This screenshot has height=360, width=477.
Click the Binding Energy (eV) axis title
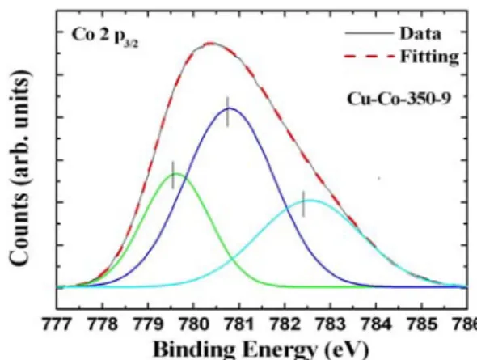(x=261, y=350)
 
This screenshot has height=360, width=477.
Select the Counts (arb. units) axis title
(x=19, y=167)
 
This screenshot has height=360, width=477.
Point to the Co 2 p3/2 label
(x=105, y=36)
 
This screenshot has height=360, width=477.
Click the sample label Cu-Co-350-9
(x=399, y=99)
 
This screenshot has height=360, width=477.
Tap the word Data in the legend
(x=420, y=33)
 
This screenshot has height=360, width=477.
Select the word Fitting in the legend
(x=429, y=57)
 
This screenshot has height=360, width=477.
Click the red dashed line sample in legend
(x=369, y=56)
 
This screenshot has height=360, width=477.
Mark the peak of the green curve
(x=177, y=174)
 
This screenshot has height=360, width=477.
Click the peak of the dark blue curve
(x=230, y=108)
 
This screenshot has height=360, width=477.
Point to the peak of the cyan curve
(x=310, y=201)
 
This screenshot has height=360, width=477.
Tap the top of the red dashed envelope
(x=211, y=43)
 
